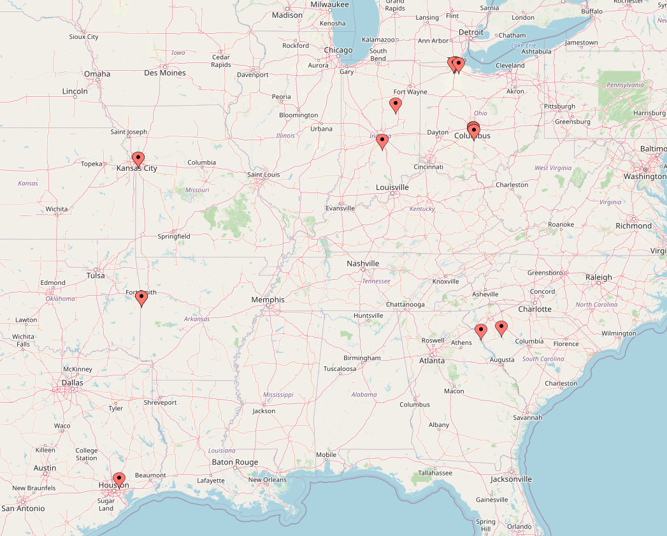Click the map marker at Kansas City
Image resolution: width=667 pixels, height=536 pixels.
coord(138,159)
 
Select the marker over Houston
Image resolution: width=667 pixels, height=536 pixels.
coord(119,479)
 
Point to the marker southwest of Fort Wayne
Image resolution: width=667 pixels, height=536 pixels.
coord(396,105)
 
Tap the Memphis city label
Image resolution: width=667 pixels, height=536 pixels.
coord(268,300)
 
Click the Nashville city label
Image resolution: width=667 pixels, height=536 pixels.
coord(362,263)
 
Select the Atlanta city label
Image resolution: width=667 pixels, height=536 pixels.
coord(432,361)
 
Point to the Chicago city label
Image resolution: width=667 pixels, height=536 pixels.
coord(338,50)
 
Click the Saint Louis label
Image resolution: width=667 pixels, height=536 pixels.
coord(263,175)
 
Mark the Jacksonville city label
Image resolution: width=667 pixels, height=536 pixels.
coord(511,479)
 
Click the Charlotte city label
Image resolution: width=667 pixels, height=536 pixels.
coord(534,309)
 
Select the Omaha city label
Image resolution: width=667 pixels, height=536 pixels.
coord(97,74)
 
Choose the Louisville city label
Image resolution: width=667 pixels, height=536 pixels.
coord(392,187)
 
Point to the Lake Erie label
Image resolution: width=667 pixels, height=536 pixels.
coord(523,45)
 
